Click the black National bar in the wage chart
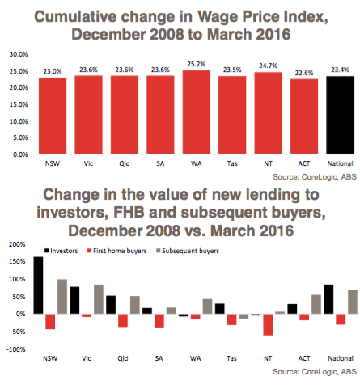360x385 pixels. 340,115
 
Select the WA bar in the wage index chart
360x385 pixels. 197,112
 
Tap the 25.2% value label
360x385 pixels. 197,64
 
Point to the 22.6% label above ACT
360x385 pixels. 304,73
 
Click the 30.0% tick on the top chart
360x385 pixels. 19,54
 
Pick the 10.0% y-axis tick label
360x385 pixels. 19,121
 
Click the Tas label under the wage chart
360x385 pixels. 232,163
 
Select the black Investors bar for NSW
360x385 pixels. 38,286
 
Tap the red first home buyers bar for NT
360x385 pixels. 268,324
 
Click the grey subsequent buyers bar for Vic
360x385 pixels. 99,299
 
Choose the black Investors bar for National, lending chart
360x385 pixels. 328,299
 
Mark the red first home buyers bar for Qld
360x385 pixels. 123,320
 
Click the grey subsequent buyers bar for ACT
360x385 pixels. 316,304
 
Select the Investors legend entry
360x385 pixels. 61,251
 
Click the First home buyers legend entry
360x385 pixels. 117,251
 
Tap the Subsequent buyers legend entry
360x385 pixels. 188,251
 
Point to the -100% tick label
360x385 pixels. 16,349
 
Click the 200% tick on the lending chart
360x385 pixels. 17,244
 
